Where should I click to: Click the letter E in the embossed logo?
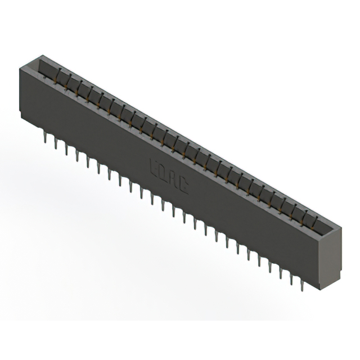(x=154, y=166)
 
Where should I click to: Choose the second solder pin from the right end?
(x=291, y=277)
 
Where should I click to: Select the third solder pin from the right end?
(x=280, y=271)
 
